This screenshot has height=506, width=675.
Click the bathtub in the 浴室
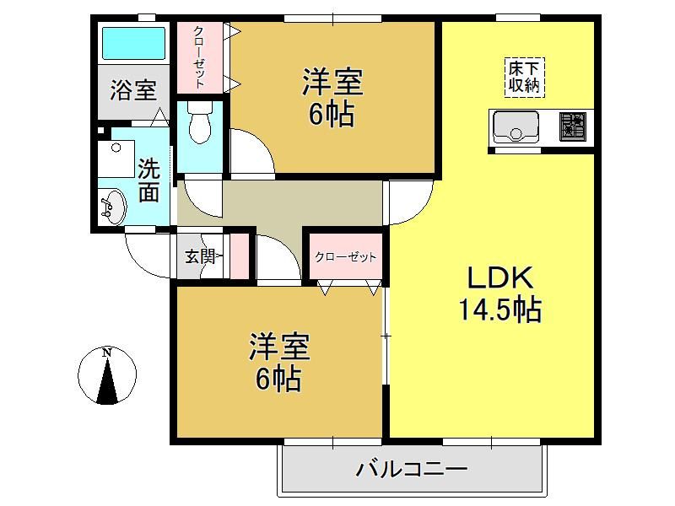point(134,43)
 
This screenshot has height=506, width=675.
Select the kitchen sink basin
point(516,126)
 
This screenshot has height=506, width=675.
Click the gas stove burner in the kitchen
point(573,126)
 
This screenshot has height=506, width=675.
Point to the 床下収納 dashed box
point(524,78)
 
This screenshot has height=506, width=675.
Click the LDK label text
point(500,278)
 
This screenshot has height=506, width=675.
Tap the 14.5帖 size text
point(500,310)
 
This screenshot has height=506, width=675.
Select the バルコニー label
point(412,469)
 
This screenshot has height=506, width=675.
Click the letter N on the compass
point(107,353)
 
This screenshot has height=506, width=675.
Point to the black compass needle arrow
point(107,381)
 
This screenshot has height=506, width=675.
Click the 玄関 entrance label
point(200,257)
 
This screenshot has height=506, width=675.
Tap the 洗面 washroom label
point(148,180)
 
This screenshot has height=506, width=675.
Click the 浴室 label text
point(133,90)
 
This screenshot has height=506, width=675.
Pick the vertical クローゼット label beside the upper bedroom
point(199,57)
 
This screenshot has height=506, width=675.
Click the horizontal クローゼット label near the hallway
point(346,257)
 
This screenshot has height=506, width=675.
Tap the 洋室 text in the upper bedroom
point(332,82)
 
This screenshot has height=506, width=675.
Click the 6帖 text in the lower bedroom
point(278,379)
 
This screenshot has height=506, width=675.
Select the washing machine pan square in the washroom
point(116,159)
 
